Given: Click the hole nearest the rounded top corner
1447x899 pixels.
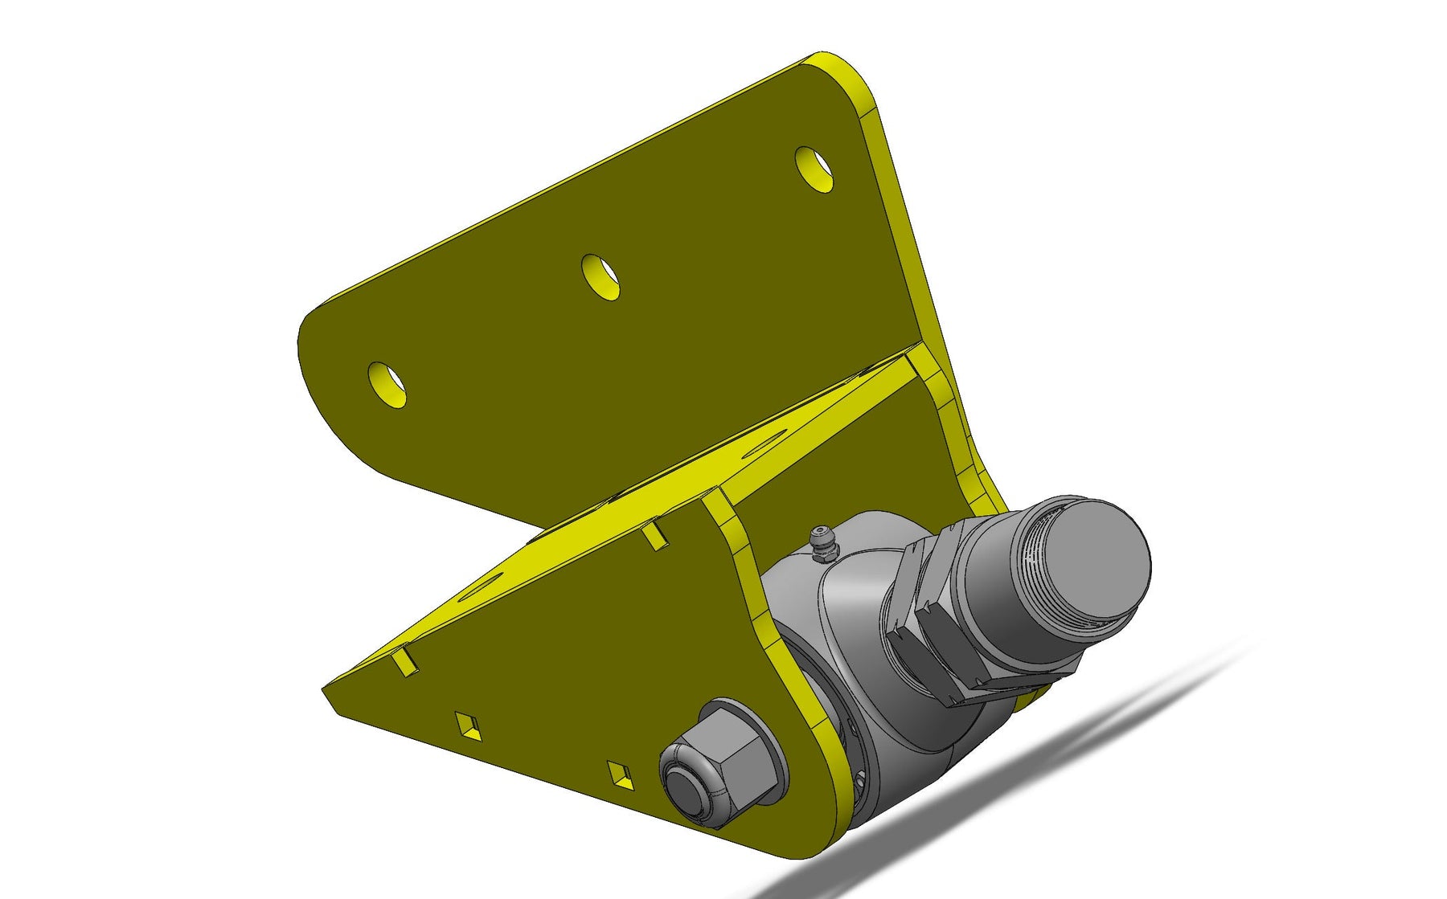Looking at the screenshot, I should [x=814, y=169].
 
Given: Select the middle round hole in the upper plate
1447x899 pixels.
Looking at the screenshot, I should [x=601, y=277].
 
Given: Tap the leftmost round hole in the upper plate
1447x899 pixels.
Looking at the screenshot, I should [x=387, y=384].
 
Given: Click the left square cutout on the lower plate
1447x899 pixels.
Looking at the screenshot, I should [x=468, y=725].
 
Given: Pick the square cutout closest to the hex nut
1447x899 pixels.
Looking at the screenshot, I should [x=621, y=776].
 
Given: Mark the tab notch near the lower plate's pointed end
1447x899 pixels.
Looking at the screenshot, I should [x=405, y=662].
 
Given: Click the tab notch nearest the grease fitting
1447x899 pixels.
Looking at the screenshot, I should [x=655, y=535].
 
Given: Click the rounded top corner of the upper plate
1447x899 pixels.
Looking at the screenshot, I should [x=828, y=63].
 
